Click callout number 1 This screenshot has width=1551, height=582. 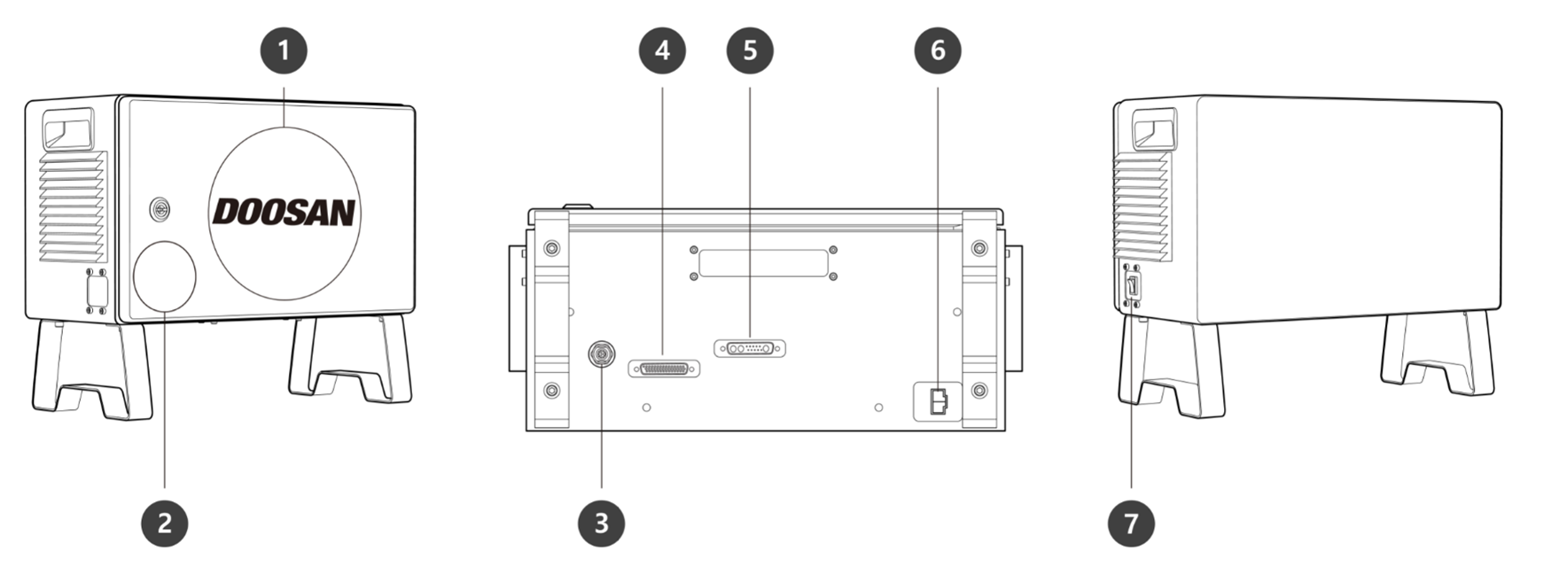pyautogui.click(x=284, y=50)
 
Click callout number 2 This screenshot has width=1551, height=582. pyautogui.click(x=165, y=523)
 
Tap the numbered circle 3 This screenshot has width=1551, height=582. pyautogui.click(x=601, y=523)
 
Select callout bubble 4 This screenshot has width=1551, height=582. pyautogui.click(x=662, y=50)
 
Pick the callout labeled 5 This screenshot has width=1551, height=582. pyautogui.click(x=749, y=50)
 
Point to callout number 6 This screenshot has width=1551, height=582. pyautogui.click(x=937, y=50)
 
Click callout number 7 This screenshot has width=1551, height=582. pyautogui.click(x=1131, y=523)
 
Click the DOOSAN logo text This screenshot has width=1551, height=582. pyautogui.click(x=284, y=213)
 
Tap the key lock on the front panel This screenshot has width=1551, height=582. pyautogui.click(x=160, y=210)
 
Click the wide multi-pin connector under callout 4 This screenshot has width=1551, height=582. pyautogui.click(x=664, y=368)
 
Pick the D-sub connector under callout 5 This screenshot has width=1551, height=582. pyautogui.click(x=750, y=348)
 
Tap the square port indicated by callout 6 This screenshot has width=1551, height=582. pyautogui.click(x=938, y=401)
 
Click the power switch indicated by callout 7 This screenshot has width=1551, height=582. pyautogui.click(x=1133, y=286)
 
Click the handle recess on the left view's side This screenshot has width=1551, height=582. pyautogui.click(x=68, y=128)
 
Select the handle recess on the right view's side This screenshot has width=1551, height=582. pyautogui.click(x=1154, y=128)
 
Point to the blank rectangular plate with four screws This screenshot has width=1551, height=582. pyautogui.click(x=763, y=263)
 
